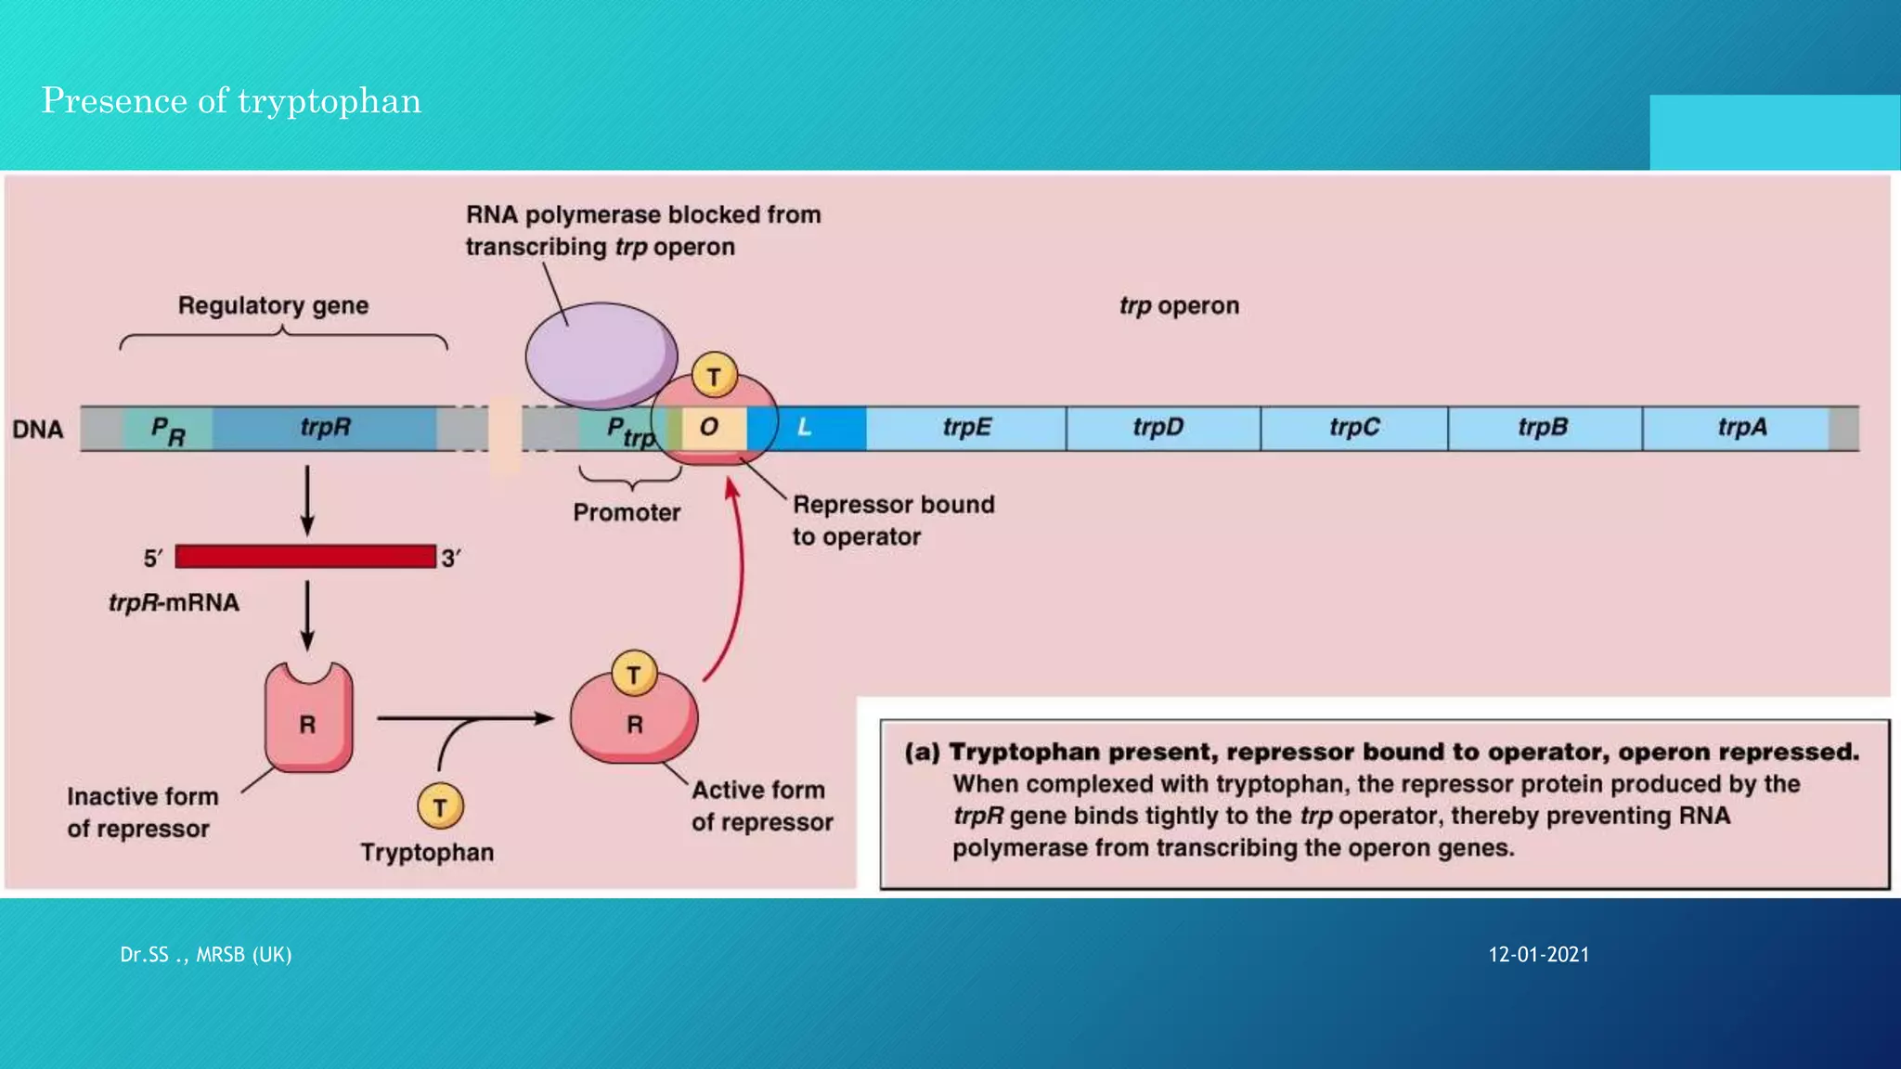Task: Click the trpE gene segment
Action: click(x=966, y=428)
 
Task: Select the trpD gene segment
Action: click(x=1162, y=428)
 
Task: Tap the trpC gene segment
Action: click(x=1353, y=428)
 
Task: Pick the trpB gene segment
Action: click(x=1545, y=428)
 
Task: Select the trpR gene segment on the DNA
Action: click(x=325, y=428)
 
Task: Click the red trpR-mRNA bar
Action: click(x=305, y=557)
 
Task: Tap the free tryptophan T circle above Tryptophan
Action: click(x=440, y=806)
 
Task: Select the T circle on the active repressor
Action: click(x=634, y=674)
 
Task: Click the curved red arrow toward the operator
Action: click(x=739, y=585)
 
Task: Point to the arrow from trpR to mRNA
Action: click(x=307, y=501)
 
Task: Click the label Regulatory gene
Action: click(x=273, y=305)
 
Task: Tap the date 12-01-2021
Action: click(x=1538, y=955)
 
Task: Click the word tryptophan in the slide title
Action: click(x=330, y=101)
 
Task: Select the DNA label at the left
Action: click(x=38, y=430)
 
